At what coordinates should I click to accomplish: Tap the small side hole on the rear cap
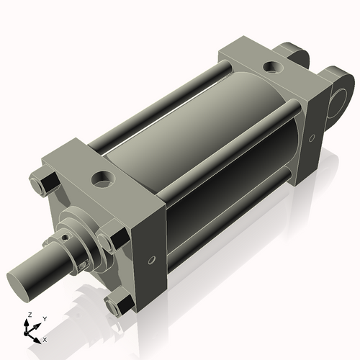click(x=311, y=135)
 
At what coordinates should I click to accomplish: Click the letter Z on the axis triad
click(x=29, y=315)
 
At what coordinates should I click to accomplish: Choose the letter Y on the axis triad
click(x=44, y=318)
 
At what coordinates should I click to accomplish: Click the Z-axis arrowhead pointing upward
click(x=29, y=323)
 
